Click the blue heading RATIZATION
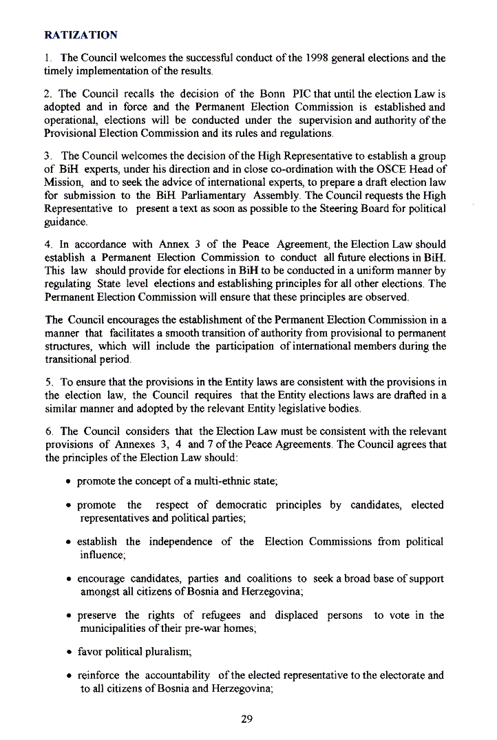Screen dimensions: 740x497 point(81,34)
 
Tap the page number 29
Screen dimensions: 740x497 point(248,719)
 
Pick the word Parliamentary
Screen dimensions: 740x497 point(207,195)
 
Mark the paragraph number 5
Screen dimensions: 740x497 point(47,383)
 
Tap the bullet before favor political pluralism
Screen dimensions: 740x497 point(70,652)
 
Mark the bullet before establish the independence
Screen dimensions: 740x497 point(70,542)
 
